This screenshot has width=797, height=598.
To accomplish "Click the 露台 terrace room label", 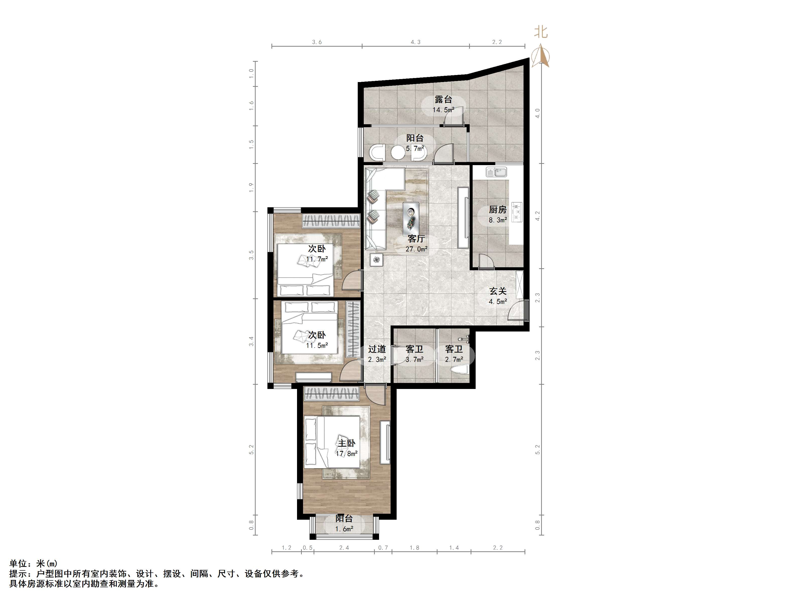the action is (443, 99).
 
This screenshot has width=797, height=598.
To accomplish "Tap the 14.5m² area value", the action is (443, 110).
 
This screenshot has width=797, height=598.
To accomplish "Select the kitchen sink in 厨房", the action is (496, 172).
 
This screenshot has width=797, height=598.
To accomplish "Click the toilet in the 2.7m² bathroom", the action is (459, 369).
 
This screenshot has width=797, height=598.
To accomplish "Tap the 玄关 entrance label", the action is (498, 291).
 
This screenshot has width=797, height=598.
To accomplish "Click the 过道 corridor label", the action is (377, 349).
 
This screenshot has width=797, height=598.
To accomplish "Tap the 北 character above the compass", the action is (541, 32).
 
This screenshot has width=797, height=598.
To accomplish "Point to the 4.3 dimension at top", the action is (416, 42).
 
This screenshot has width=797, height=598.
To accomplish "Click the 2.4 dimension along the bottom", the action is (344, 548).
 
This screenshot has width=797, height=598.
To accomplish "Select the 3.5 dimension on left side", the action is (252, 255).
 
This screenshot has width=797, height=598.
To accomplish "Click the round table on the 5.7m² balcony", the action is (398, 153).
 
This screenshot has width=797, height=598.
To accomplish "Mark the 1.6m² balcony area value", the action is (344, 529).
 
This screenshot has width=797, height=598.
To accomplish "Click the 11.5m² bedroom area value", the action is (317, 345).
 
